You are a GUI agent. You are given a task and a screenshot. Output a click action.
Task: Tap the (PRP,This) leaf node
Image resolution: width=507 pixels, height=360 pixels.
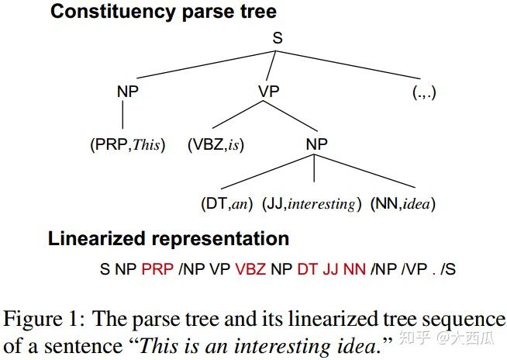(126, 145)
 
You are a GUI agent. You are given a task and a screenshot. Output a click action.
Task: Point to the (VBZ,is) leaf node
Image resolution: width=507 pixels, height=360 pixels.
(216, 145)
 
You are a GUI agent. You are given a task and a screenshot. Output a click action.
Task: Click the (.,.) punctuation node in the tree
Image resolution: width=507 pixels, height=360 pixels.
(425, 92)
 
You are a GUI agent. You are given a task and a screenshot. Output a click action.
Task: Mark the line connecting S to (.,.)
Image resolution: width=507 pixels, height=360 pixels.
(353, 67)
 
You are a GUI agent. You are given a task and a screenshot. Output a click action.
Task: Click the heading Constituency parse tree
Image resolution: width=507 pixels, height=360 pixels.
(163, 12)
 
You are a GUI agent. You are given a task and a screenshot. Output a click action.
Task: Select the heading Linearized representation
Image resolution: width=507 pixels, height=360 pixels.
(168, 238)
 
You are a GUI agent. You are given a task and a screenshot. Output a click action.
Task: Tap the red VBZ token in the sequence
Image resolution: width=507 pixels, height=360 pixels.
(250, 270)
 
